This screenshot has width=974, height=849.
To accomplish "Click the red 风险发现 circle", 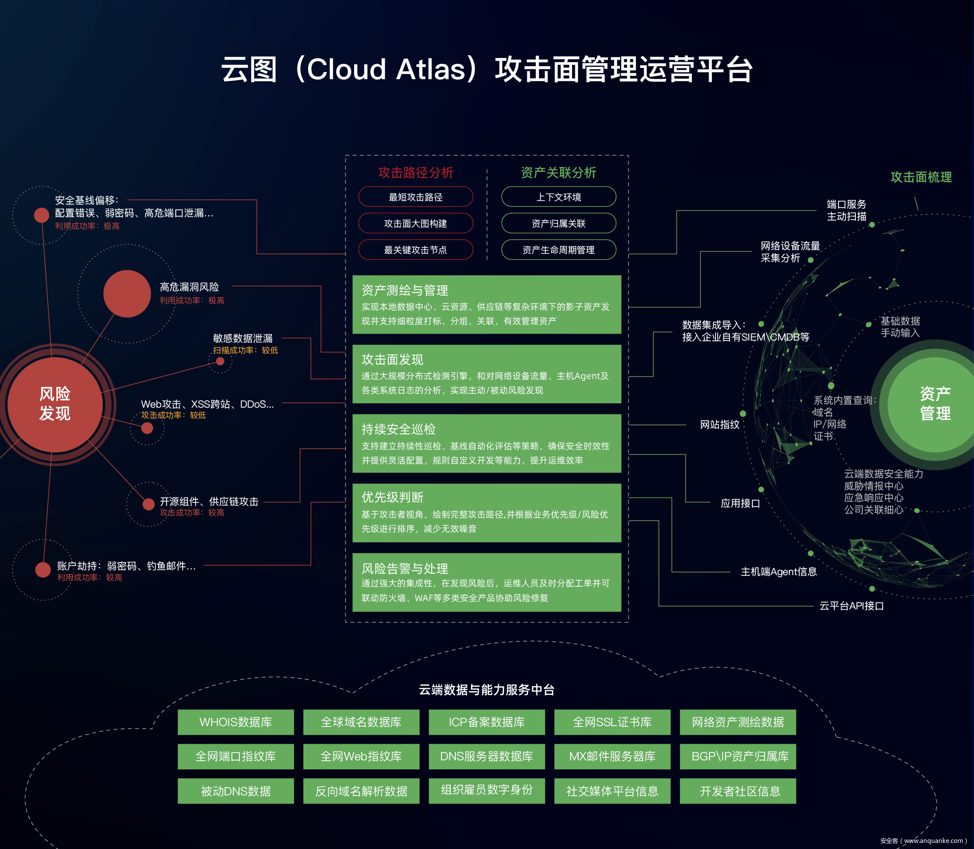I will (x=55, y=404).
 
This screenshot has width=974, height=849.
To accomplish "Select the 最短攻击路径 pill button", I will (x=415, y=197).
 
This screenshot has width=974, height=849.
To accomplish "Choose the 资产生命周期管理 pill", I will (x=558, y=250).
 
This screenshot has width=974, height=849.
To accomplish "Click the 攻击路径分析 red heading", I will (x=415, y=173).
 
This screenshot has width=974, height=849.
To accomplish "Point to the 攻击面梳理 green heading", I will (x=920, y=177).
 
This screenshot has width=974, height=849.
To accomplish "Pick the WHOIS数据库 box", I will (x=235, y=722).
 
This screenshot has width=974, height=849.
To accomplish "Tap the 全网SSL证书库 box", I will (x=612, y=722).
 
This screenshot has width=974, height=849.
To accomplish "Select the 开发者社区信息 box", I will (x=738, y=791).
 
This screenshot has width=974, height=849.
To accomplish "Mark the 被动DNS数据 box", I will (x=235, y=791).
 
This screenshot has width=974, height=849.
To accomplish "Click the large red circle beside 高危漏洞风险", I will (x=127, y=294).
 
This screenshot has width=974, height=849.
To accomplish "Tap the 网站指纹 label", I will (x=719, y=424).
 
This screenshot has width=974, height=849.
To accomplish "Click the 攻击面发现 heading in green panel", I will (x=393, y=360).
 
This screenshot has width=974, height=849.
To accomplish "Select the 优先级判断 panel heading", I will (x=393, y=497).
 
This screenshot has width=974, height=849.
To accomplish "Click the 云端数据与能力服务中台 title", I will (x=486, y=690).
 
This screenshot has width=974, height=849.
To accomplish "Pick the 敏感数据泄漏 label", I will (x=243, y=338).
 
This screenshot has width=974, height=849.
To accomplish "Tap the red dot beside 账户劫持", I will (x=43, y=569).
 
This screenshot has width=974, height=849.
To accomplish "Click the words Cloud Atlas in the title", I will (x=386, y=69).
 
